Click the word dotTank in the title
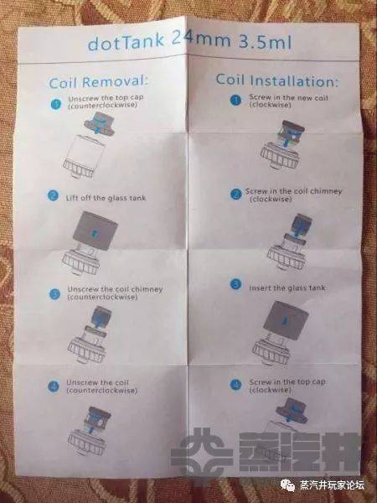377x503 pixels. pyautogui.click(x=126, y=42)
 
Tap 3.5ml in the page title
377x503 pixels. pyautogui.click(x=265, y=41)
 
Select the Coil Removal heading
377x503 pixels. pyautogui.click(x=99, y=82)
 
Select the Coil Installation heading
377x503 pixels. pyautogui.click(x=276, y=80)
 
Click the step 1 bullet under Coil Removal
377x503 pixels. pyautogui.click(x=56, y=104)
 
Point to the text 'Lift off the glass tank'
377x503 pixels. pyautogui.click(x=106, y=198)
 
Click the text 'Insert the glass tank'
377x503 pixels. pyautogui.click(x=287, y=288)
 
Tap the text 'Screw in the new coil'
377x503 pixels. pyautogui.click(x=288, y=97)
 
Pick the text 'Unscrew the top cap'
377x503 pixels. pyautogui.click(x=106, y=98)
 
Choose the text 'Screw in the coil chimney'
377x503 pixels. pyautogui.click(x=293, y=191)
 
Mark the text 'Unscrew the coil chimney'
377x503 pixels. pyautogui.click(x=115, y=289)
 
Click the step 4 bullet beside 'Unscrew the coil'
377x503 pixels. pyautogui.click(x=54, y=386)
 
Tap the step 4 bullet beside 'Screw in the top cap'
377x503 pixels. pyautogui.click(x=236, y=384)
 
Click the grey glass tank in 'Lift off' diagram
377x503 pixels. pyautogui.click(x=95, y=230)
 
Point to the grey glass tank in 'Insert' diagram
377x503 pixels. pyautogui.click(x=286, y=319)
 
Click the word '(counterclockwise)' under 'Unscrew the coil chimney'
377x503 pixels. pyautogui.click(x=102, y=297)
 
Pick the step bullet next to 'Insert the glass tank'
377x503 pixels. pyautogui.click(x=236, y=284)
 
